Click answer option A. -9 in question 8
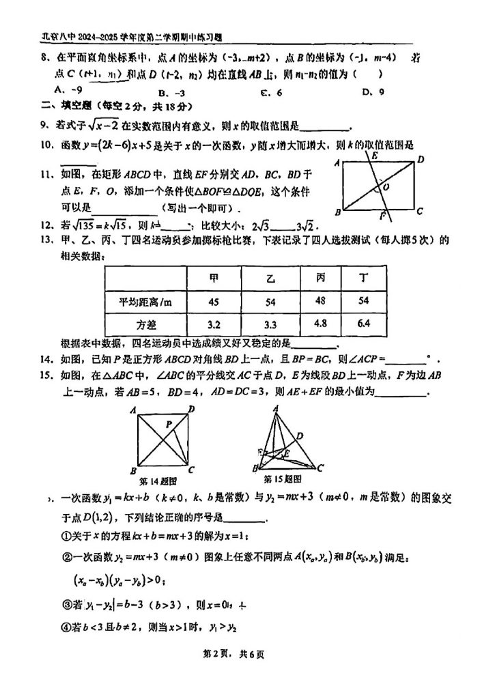pos(68,89)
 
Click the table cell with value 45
pos(214,301)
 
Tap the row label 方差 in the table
pos(146,325)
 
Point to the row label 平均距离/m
pos(146,302)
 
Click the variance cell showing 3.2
pos(214,324)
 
